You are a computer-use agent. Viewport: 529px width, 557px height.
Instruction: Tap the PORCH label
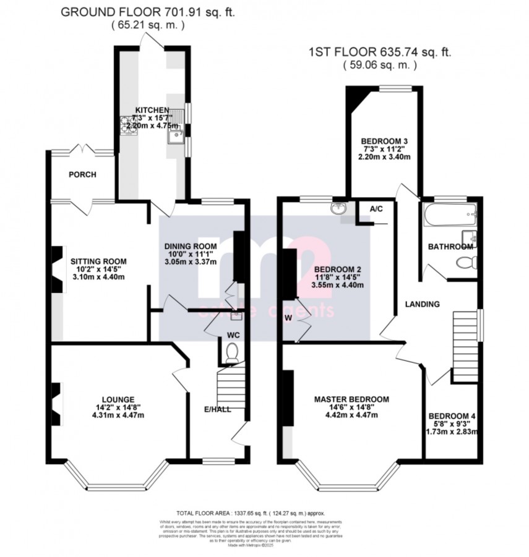82,175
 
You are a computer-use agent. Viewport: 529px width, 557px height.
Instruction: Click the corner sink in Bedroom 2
338,210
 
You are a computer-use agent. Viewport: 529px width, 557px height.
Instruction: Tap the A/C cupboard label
376,209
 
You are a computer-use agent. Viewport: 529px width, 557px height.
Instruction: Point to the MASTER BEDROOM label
351,399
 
